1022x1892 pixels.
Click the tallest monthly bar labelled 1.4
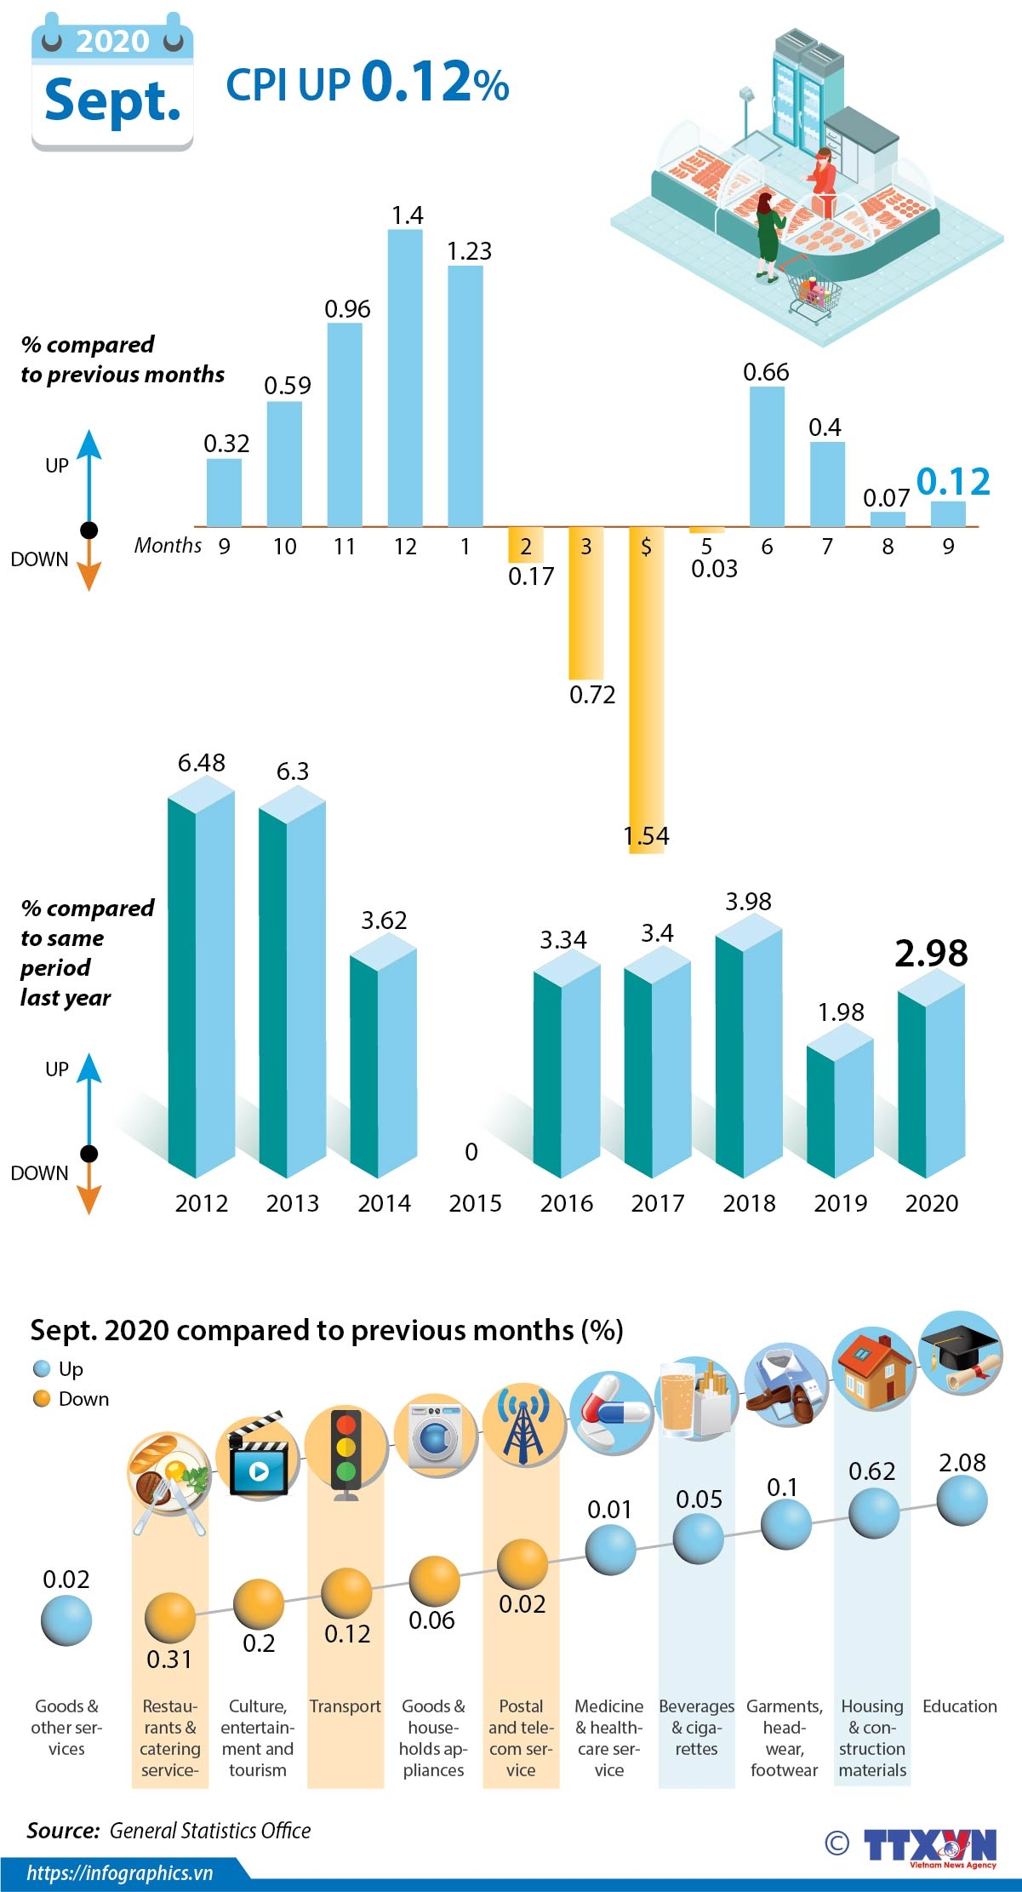tap(405, 378)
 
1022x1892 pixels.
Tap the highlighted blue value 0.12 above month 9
tap(953, 482)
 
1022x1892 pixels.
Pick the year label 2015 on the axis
tap(475, 1203)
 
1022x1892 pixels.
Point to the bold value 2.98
tap(931, 954)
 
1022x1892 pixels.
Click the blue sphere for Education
tap(962, 1500)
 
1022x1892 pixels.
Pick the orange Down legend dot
tap(41, 1399)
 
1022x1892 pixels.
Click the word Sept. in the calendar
tap(112, 100)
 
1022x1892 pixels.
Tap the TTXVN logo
tap(930, 1846)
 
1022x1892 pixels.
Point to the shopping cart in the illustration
tap(813, 294)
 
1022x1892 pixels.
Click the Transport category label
tap(345, 1706)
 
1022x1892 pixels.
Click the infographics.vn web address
tap(119, 1873)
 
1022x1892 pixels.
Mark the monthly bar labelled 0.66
tap(767, 456)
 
